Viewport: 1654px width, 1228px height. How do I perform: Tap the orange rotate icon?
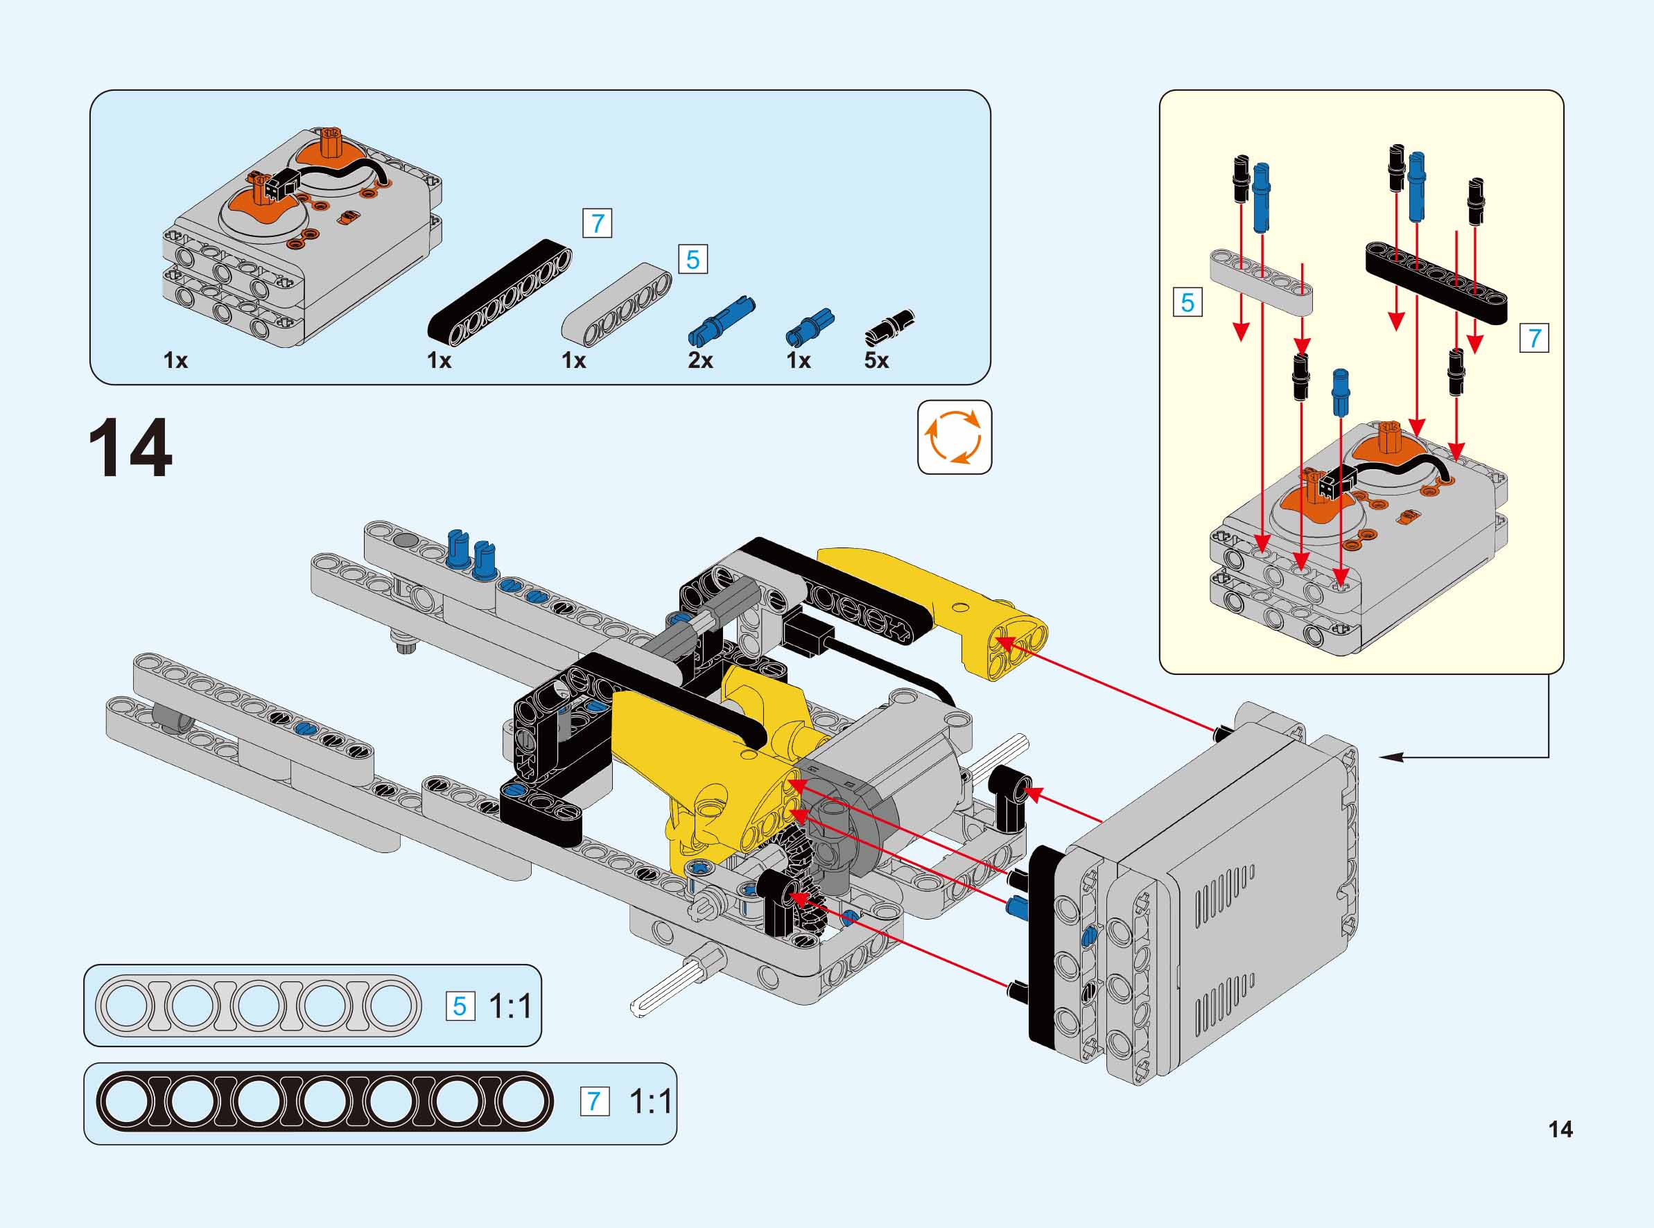954,437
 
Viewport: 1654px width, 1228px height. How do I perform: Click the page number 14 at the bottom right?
1560,1129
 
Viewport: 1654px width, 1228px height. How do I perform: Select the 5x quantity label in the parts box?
876,360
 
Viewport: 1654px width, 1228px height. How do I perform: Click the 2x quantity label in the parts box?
700,360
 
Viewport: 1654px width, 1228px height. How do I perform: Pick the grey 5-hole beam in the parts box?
616,305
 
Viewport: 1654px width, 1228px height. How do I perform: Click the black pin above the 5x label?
889,328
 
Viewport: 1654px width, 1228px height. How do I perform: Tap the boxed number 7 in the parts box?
597,223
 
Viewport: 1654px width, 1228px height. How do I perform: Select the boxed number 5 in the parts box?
693,259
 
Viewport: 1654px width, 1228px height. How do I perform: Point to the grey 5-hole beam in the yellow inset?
1261,282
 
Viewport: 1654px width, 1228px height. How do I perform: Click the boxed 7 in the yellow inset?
1534,338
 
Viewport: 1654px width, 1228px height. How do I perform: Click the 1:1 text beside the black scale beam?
650,1101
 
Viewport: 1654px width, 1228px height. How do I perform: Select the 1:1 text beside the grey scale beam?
511,1006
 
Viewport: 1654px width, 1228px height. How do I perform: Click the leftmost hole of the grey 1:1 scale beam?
127,1006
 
